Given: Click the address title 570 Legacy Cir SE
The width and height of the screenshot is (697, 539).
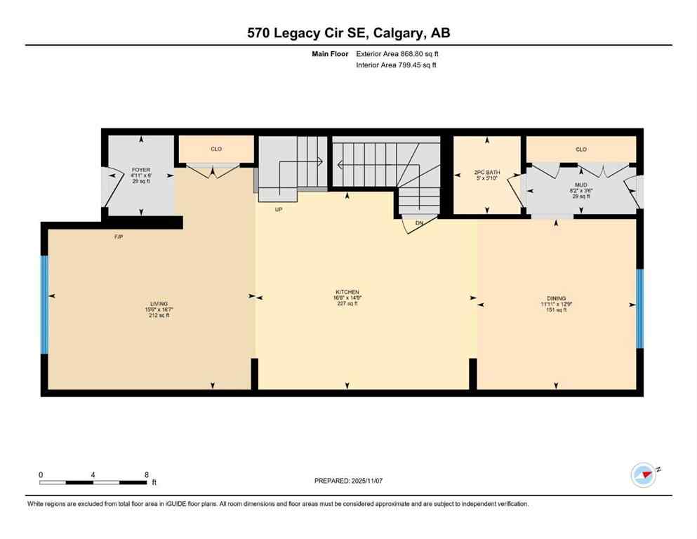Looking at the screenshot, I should pos(348,33).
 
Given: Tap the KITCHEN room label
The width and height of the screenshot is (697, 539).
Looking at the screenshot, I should pos(347,292).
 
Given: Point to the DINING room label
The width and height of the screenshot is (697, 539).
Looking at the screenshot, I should pos(557,298).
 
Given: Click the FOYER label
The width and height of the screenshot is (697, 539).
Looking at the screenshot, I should pos(141,170).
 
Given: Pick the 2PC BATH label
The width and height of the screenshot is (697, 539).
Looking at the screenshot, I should pos(486,171).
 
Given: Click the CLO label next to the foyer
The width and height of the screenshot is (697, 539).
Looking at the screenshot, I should pos(215,149).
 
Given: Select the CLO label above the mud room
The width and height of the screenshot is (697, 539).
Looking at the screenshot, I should pos(580,149).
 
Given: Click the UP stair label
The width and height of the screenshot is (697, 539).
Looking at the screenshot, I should pos(279,208).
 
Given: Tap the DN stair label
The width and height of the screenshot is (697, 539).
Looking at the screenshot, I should pos(419,223).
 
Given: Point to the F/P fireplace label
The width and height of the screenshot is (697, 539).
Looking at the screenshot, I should pos(119,237).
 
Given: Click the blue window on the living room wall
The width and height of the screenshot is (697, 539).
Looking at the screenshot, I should pos(44,304).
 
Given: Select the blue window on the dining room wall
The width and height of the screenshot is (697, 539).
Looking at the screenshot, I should pos(639,309).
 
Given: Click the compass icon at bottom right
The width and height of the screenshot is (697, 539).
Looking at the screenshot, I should pos(643,474).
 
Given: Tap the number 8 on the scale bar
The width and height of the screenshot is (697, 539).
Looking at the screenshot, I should pos(146,474).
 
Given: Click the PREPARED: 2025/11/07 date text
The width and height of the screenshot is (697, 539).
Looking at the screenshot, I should pos(349,481).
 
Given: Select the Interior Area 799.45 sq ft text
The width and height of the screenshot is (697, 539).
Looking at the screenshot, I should pos(397,65).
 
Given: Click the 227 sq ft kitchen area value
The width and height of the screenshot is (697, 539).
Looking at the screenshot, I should pos(347,304).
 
